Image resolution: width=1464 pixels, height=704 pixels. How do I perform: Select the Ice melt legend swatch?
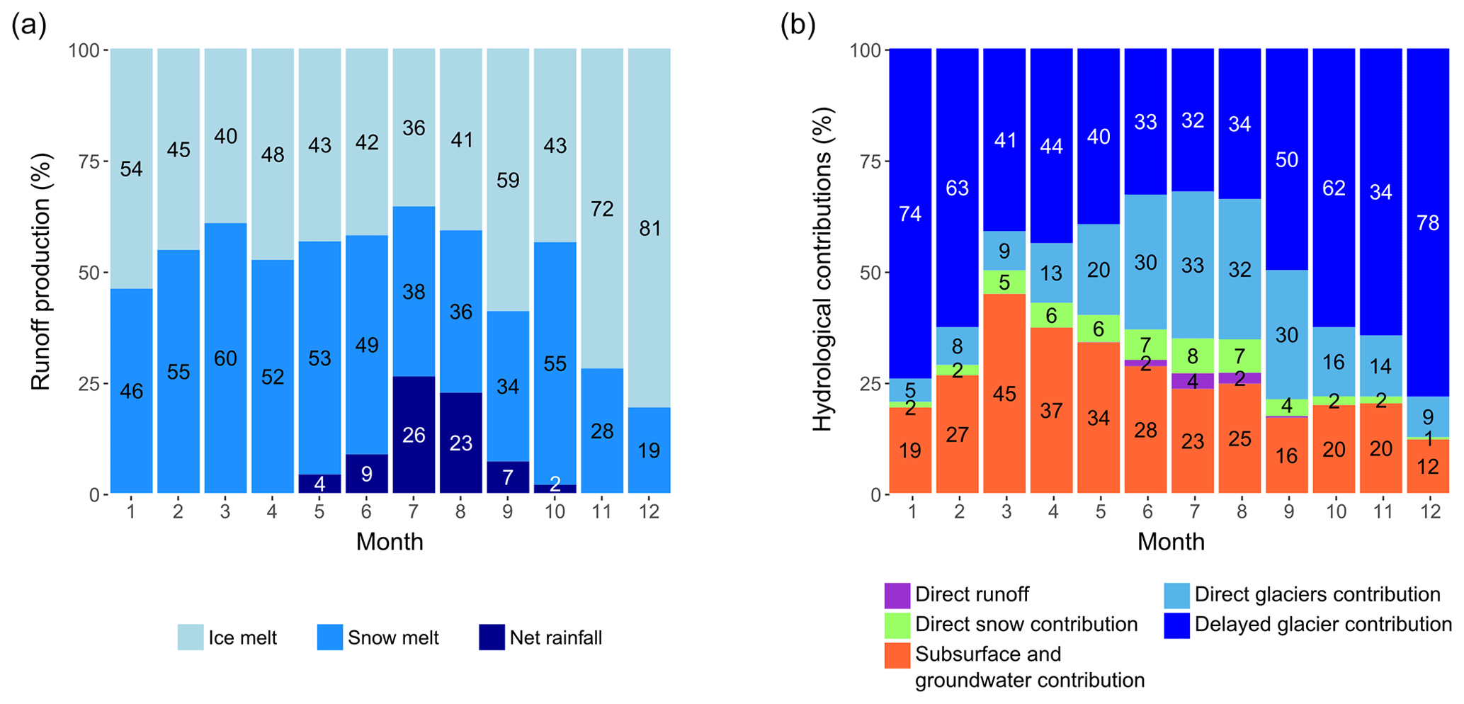coord(191,637)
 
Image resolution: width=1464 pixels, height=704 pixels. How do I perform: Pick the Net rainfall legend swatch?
coord(492,637)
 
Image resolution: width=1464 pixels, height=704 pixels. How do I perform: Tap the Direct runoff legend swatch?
coord(897,595)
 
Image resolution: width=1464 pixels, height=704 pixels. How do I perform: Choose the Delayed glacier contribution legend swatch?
coord(1176,625)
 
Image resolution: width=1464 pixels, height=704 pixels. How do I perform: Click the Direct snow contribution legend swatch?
coord(897,625)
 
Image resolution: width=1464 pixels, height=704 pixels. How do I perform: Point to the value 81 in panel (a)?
coord(649,229)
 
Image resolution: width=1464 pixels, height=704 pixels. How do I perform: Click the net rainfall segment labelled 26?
coord(414,434)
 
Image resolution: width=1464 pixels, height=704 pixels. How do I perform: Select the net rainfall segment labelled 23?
coord(461,443)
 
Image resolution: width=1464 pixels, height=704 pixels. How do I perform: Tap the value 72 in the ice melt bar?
coord(602,209)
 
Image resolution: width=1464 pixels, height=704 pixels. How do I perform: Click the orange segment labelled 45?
coord(1004,394)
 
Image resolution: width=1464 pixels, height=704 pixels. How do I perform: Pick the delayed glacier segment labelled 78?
coord(1428,223)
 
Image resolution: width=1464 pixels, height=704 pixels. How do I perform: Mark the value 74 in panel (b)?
coord(910,213)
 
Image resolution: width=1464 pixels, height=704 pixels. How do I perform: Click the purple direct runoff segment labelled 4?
coord(1193,382)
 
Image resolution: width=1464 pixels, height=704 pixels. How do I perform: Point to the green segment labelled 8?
coord(1193,356)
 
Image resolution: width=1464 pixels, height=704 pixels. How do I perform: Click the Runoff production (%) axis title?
coord(41,272)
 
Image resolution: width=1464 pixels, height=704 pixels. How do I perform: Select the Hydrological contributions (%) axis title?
coord(822,269)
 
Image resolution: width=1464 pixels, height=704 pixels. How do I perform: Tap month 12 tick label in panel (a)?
coord(649,511)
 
